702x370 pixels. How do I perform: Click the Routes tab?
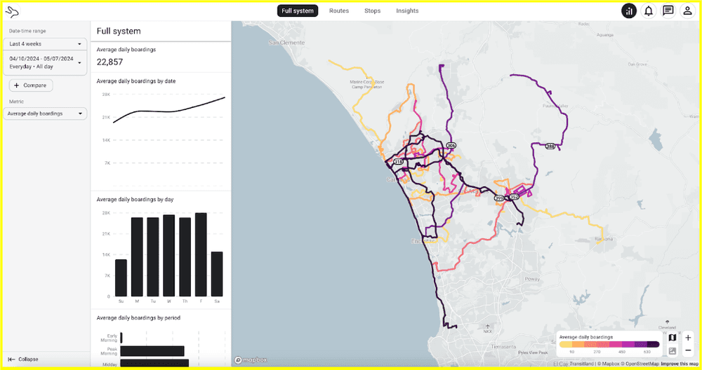(339, 11)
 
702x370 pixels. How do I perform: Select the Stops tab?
(372, 11)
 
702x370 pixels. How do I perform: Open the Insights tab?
(407, 11)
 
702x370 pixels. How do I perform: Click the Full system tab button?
(298, 11)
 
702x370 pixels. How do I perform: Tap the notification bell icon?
(649, 11)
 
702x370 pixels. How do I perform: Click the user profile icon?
(688, 11)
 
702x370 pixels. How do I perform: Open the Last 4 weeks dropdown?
(45, 43)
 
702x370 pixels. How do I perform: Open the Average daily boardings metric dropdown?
(45, 114)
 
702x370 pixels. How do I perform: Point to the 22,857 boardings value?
(110, 62)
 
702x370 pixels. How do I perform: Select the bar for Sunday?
(121, 277)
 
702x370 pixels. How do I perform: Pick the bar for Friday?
(201, 255)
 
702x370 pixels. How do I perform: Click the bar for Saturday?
(217, 274)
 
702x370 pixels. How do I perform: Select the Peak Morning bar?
(152, 351)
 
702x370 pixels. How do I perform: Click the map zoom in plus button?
(688, 338)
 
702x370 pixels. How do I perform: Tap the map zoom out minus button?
(688, 350)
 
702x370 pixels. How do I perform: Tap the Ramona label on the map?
(603, 239)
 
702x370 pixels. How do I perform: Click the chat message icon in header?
(668, 11)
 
